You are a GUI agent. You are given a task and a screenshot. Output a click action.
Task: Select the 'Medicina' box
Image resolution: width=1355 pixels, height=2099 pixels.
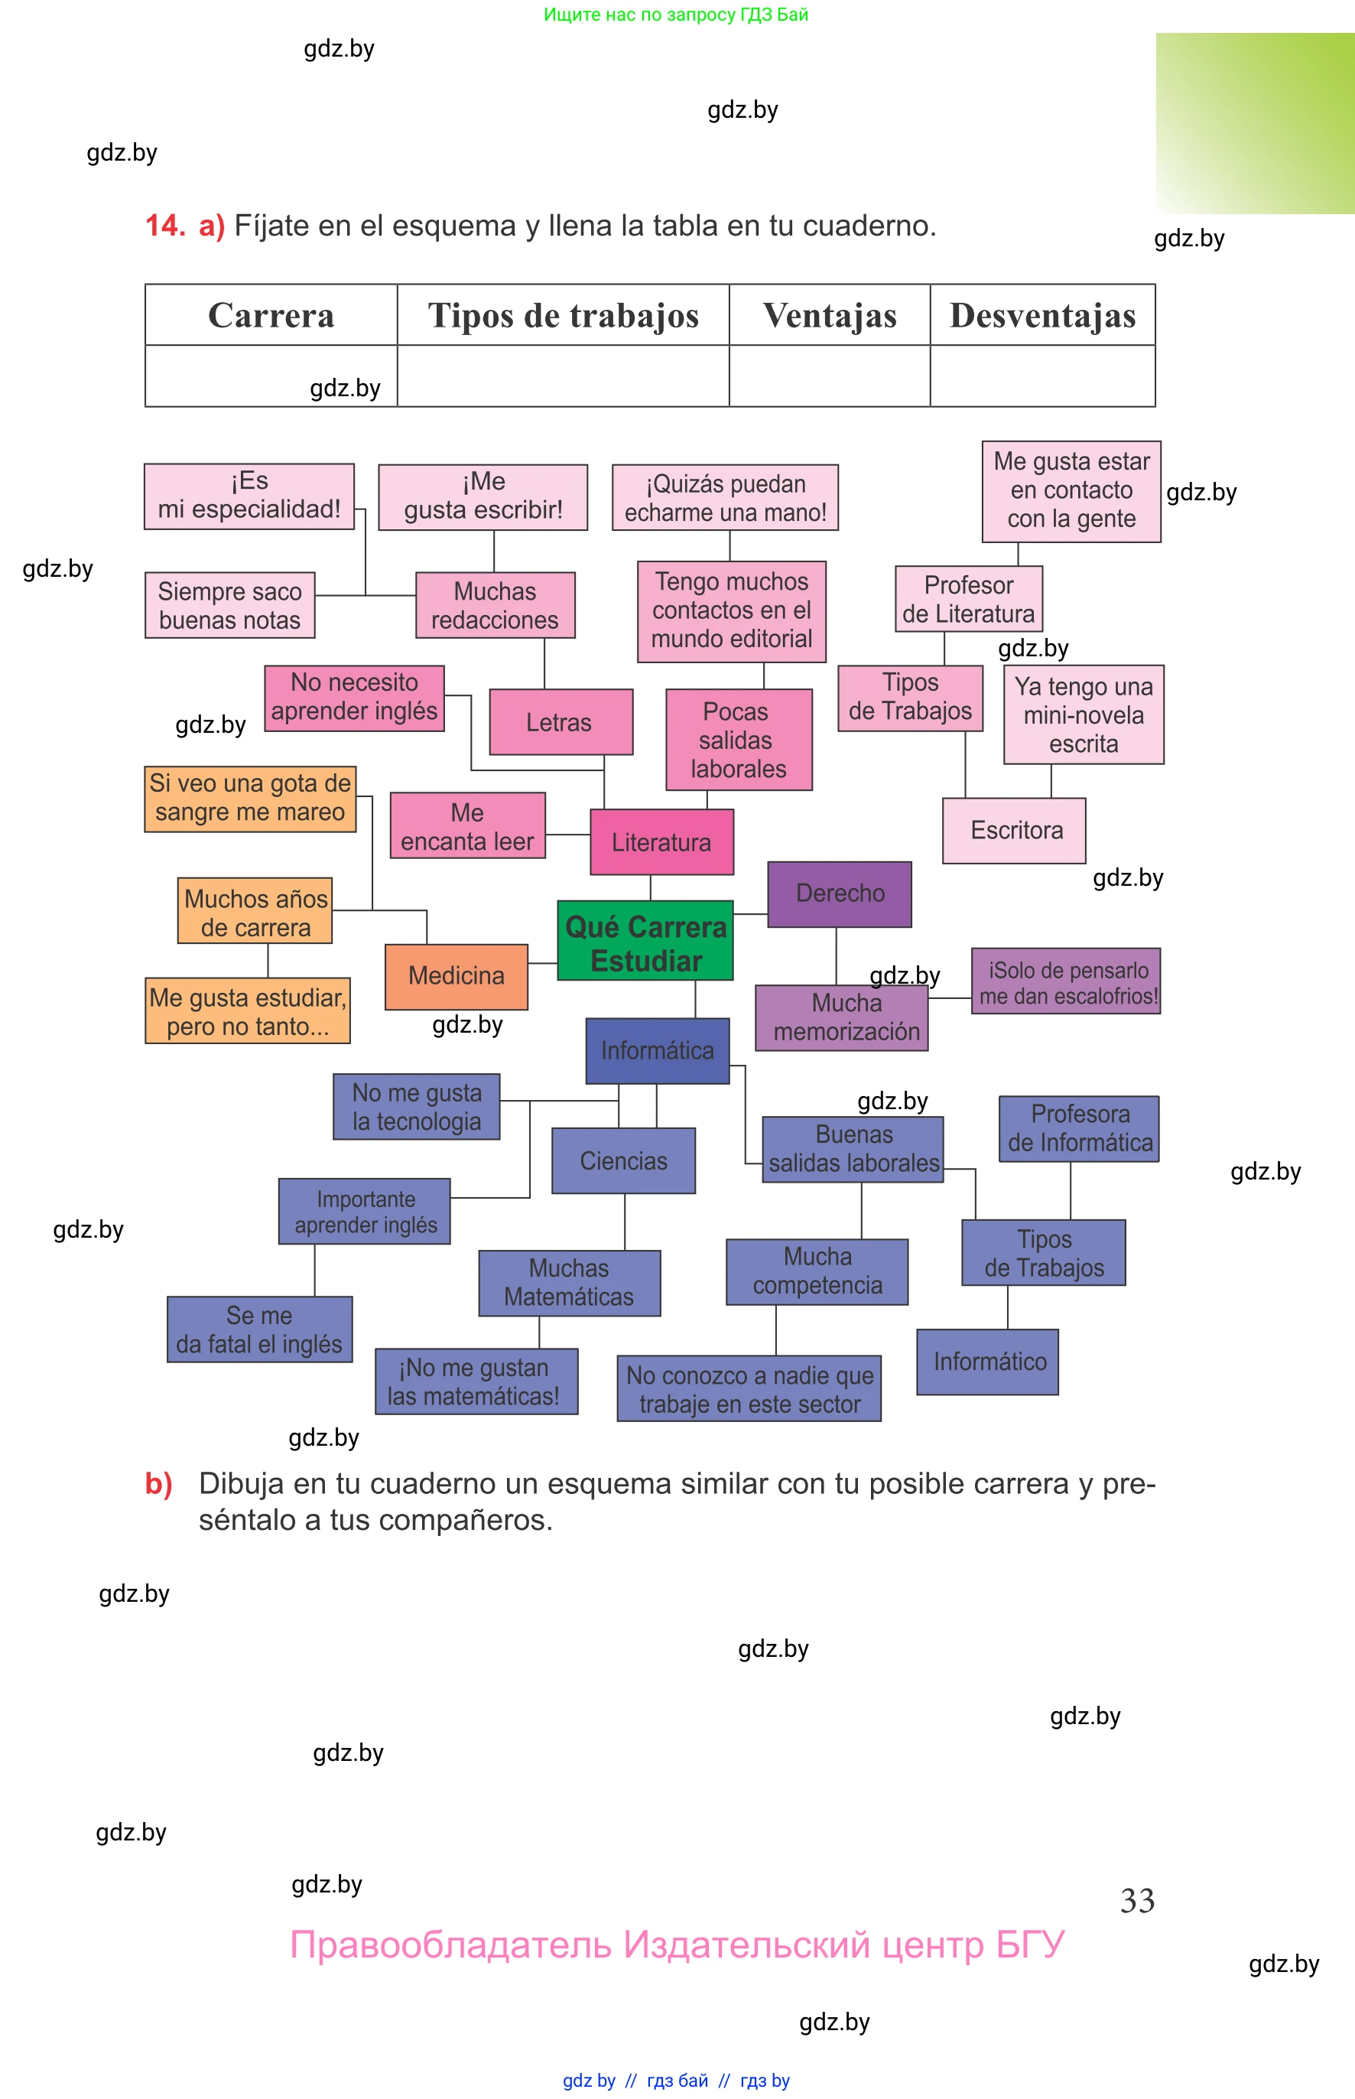[x=456, y=976]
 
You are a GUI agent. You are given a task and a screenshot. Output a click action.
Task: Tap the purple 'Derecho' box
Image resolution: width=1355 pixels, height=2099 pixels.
[x=840, y=893]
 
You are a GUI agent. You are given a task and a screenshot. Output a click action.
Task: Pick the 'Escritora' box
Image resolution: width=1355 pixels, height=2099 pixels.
[x=1014, y=830]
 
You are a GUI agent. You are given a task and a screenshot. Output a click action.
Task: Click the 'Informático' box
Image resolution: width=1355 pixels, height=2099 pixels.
[x=987, y=1362]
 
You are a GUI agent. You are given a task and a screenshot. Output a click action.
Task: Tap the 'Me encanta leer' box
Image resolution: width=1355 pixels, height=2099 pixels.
[x=467, y=825]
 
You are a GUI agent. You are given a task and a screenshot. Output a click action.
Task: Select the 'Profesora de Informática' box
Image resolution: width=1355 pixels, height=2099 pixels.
[x=1079, y=1128]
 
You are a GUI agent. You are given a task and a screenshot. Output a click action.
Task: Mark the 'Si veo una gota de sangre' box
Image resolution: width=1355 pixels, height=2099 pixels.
[x=250, y=799]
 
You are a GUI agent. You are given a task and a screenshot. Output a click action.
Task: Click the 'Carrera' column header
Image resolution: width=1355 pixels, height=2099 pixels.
[x=271, y=315]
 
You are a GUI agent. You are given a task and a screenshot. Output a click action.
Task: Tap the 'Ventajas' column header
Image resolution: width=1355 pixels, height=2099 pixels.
[x=829, y=315]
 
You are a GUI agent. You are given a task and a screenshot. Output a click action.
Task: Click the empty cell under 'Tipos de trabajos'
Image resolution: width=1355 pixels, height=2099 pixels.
[x=563, y=376]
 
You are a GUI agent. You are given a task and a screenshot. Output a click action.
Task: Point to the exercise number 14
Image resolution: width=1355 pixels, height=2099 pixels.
[x=164, y=226]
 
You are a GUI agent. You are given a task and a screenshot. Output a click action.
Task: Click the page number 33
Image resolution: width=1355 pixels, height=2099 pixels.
[x=1137, y=1900]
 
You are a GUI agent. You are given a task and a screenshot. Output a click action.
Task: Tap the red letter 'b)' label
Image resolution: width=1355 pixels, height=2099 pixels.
[x=158, y=1483]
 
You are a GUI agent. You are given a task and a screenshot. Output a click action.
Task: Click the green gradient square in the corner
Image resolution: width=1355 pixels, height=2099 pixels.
[x=1254, y=123]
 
